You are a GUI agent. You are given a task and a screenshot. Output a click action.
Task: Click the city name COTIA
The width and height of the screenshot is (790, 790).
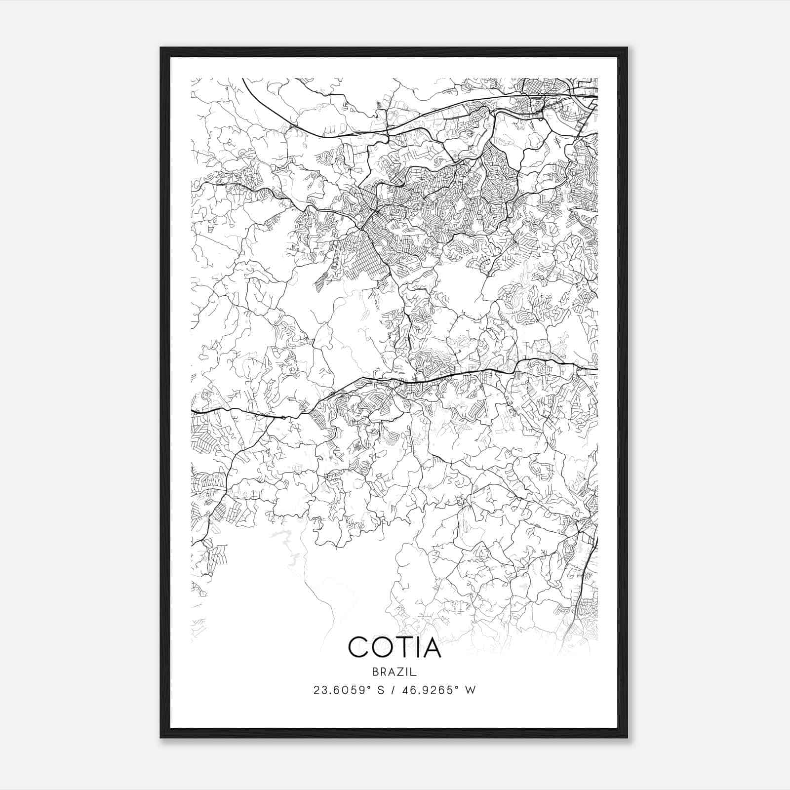click(x=395, y=647)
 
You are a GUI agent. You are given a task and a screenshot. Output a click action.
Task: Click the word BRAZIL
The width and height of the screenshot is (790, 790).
click(x=395, y=672)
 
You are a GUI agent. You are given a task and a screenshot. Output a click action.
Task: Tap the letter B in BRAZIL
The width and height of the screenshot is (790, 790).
click(x=376, y=672)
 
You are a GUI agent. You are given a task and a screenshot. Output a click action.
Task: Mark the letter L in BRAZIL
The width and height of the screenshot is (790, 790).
click(x=415, y=672)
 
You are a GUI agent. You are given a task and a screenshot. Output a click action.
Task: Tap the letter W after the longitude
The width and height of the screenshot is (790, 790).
click(x=471, y=690)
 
